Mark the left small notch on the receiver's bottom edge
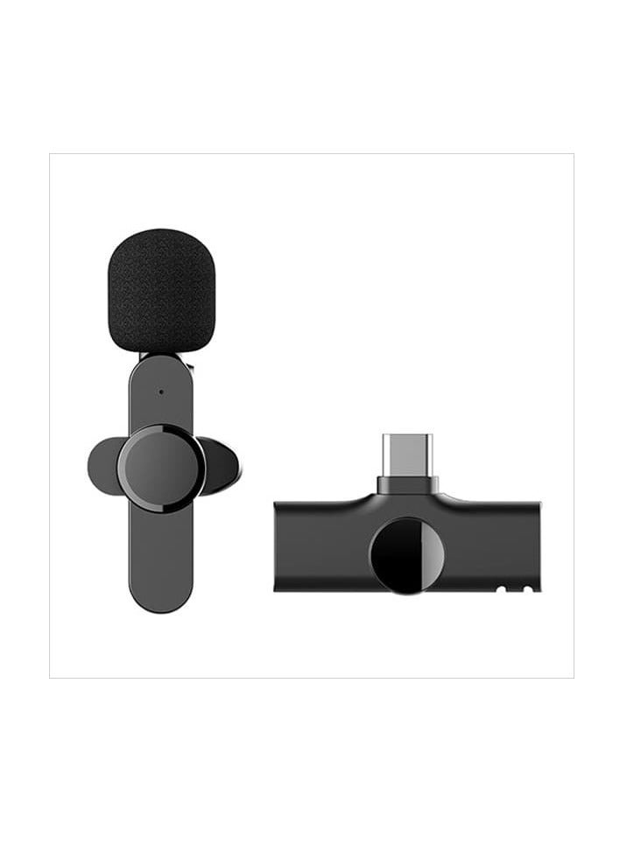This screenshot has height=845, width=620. pyautogui.click(x=503, y=589)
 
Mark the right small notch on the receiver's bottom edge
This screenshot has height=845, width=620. pyautogui.click(x=527, y=589)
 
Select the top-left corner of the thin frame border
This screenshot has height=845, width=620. pyautogui.click(x=50, y=154)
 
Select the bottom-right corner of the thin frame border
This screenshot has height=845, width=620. pyautogui.click(x=574, y=677)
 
